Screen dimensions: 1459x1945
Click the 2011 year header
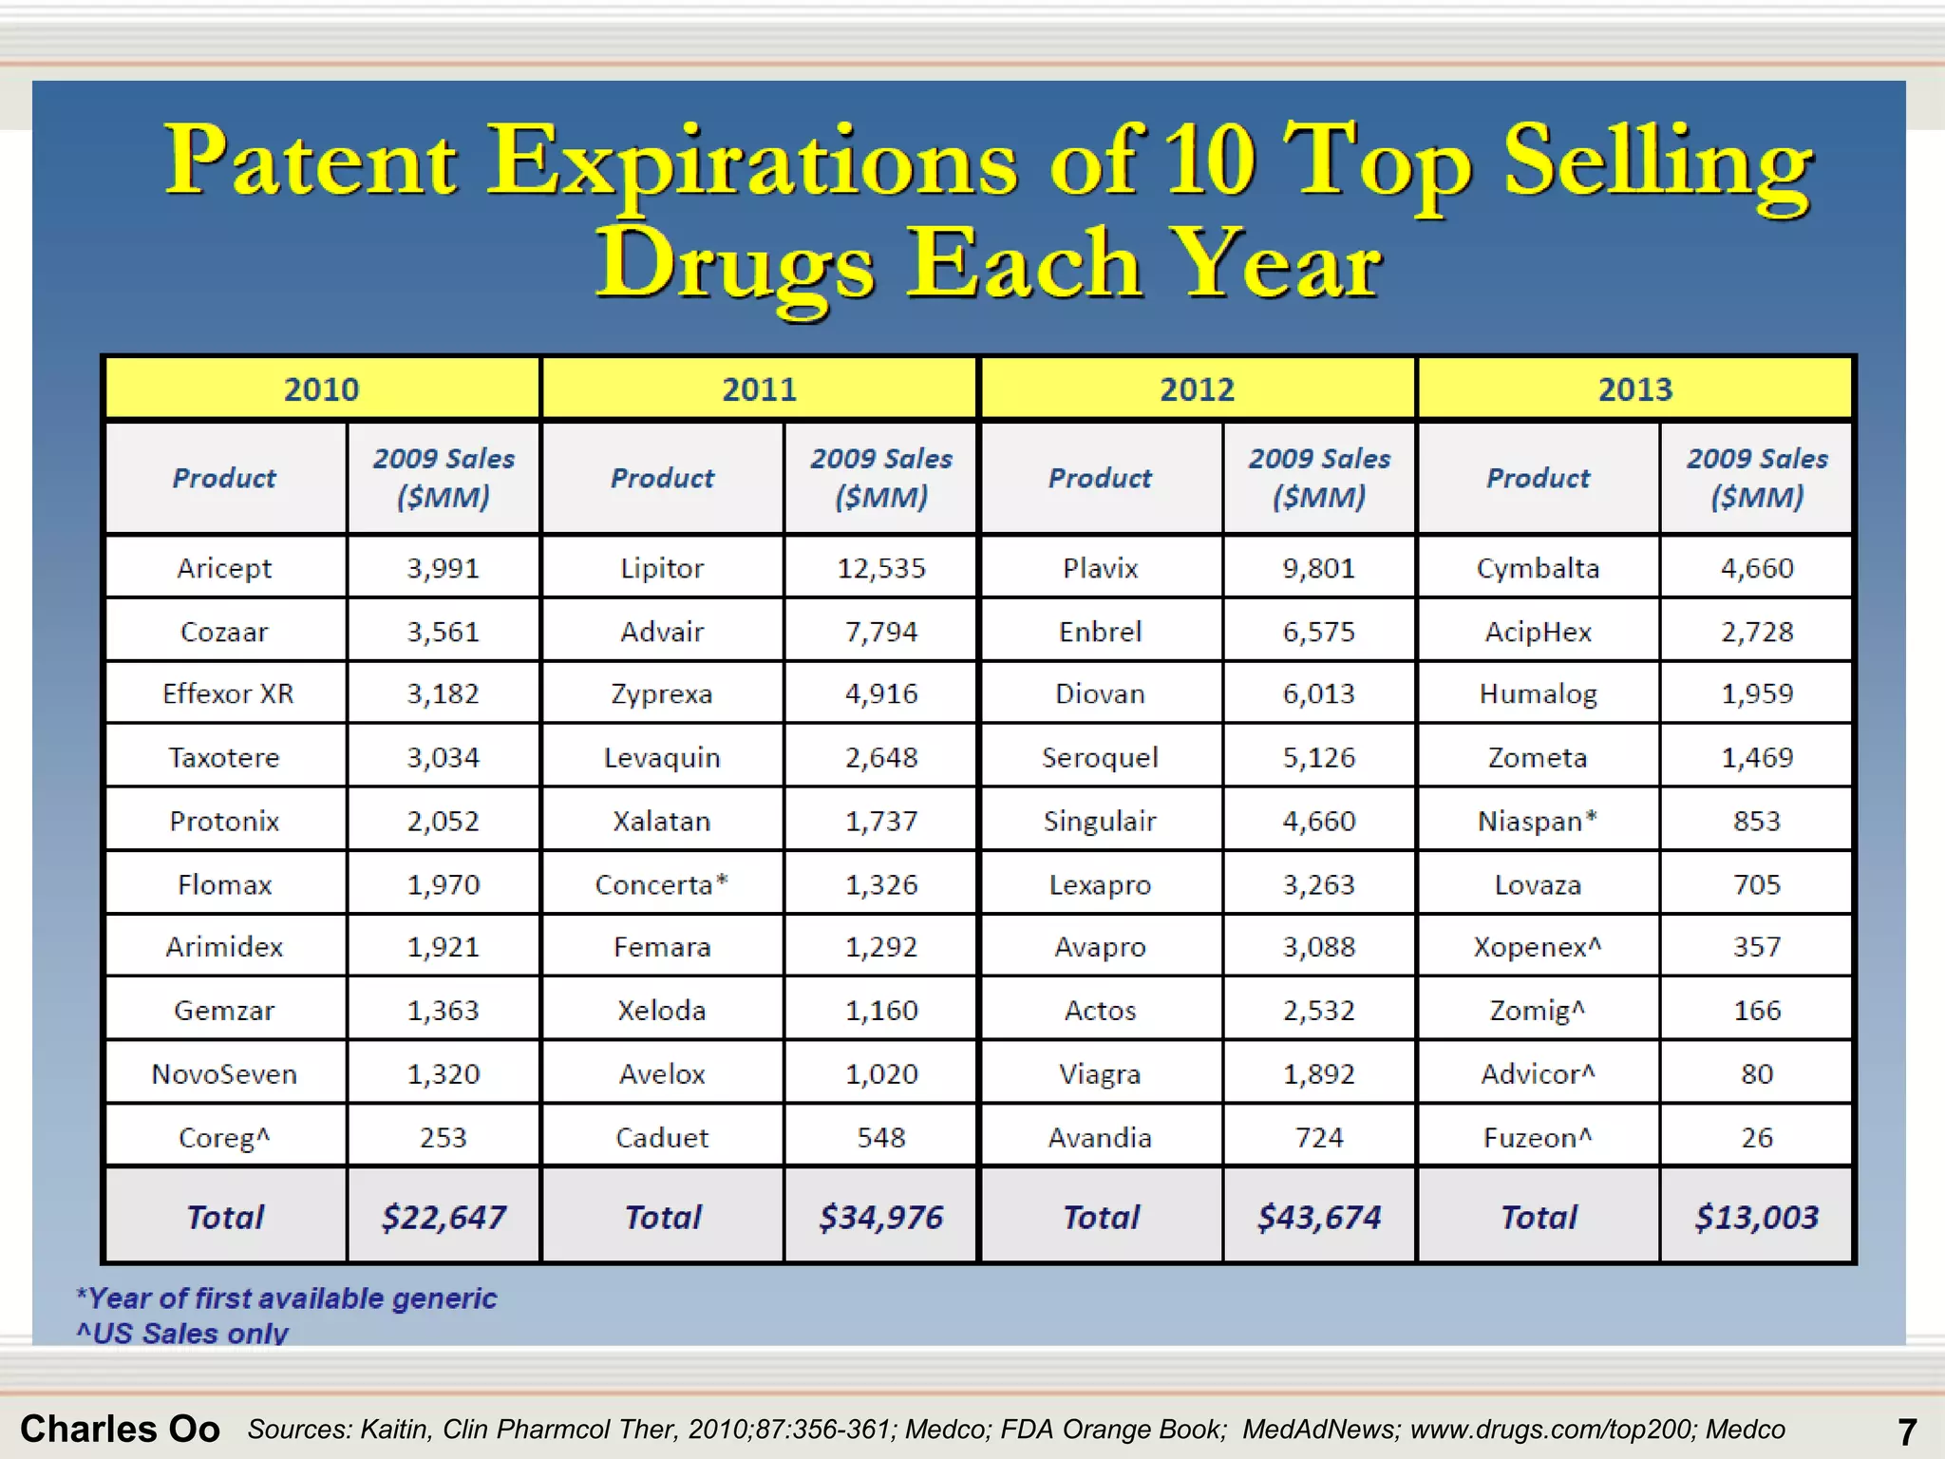click(x=759, y=389)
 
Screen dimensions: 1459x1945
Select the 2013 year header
click(x=1634, y=389)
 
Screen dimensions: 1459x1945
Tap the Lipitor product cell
click(x=662, y=568)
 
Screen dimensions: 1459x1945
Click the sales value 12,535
click(x=880, y=568)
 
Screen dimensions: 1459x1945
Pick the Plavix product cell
click(x=1100, y=568)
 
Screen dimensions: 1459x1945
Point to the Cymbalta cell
click(x=1538, y=568)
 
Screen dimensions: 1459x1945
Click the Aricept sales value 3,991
click(x=443, y=568)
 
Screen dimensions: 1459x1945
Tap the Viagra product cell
click(x=1100, y=1073)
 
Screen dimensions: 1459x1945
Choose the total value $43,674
click(x=1319, y=1217)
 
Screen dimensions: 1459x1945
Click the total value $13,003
click(x=1757, y=1217)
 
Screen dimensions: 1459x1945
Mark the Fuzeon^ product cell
click(x=1538, y=1137)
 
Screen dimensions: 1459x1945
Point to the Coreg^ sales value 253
click(x=443, y=1137)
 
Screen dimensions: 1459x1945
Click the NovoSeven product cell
click(x=224, y=1073)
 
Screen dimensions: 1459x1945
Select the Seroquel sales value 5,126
click(x=1319, y=757)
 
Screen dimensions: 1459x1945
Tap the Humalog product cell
click(x=1538, y=693)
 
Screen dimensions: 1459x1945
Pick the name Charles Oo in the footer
click(x=120, y=1429)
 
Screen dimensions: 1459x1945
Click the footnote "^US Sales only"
click(x=181, y=1333)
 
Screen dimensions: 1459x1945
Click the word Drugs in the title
click(x=734, y=264)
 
